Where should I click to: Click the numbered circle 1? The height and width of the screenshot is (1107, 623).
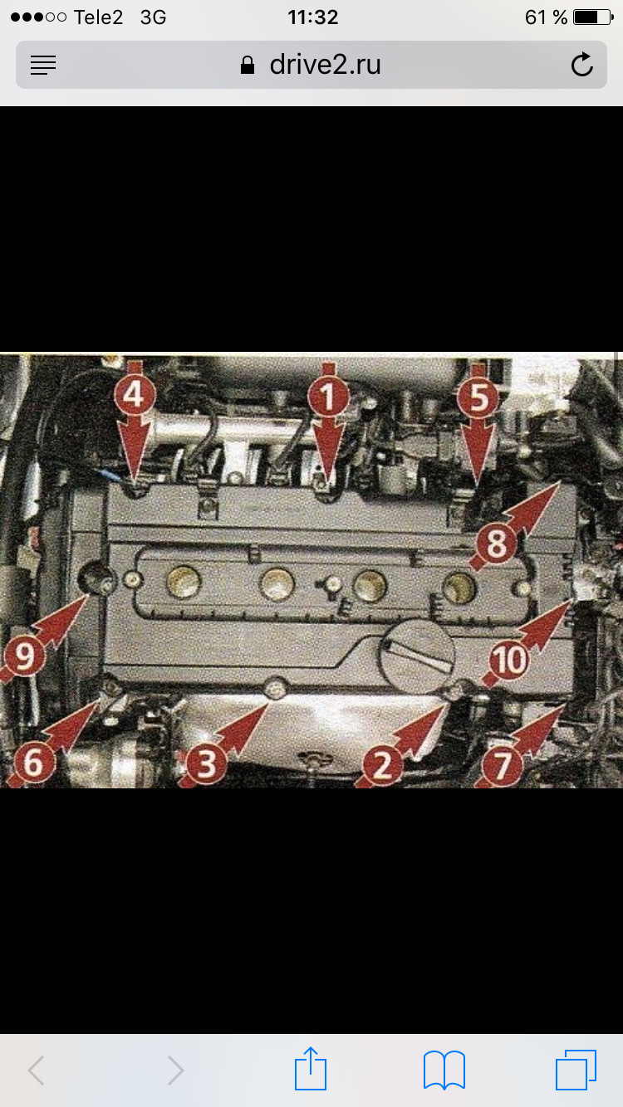tap(328, 397)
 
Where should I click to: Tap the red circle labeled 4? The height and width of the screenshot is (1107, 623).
tap(135, 394)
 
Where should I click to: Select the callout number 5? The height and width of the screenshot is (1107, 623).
tap(478, 397)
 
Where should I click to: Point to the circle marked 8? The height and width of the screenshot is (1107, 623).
tap(496, 544)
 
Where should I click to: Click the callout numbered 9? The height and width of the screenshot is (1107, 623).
tap(24, 656)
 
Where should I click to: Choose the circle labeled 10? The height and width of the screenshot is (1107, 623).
tap(508, 660)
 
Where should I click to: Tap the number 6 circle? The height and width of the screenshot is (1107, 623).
tap(34, 763)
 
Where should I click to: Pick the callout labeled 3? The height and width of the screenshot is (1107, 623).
tap(206, 763)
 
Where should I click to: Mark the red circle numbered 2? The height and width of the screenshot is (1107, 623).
tap(382, 765)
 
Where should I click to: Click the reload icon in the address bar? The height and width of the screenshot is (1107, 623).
tap(582, 64)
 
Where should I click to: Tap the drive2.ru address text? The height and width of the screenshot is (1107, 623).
tap(325, 65)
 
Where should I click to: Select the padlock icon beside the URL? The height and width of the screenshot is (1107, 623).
tap(248, 65)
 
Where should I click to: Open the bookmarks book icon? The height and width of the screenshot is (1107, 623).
tap(444, 1070)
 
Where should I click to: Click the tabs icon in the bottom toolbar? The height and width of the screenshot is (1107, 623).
tap(576, 1070)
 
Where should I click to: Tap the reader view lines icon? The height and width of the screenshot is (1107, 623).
tap(43, 65)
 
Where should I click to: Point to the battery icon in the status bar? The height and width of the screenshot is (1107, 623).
tap(593, 17)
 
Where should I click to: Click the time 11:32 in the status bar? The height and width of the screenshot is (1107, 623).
tap(312, 17)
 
